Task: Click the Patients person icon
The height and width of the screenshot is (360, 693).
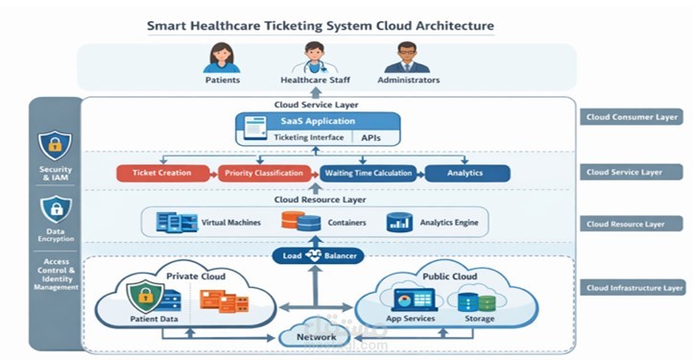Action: tap(223, 57)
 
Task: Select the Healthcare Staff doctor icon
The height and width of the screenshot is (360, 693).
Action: tap(312, 57)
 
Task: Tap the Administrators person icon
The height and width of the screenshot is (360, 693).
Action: tap(407, 57)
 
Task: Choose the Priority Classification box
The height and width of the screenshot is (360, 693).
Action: tap(265, 174)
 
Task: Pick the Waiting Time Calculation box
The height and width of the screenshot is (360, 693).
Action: tap(369, 174)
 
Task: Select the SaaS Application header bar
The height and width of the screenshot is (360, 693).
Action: tap(318, 121)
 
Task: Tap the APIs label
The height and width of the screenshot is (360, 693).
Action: tap(370, 138)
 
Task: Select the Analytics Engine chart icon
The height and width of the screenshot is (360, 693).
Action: tap(398, 223)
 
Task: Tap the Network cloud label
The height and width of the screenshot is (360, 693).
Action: tap(316, 337)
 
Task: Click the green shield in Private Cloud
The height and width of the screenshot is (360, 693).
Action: tap(142, 292)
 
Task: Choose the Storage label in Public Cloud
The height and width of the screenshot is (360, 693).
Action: tap(480, 319)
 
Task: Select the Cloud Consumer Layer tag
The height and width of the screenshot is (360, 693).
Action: tap(633, 117)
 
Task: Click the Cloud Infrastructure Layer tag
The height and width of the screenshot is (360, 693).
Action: tap(633, 287)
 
